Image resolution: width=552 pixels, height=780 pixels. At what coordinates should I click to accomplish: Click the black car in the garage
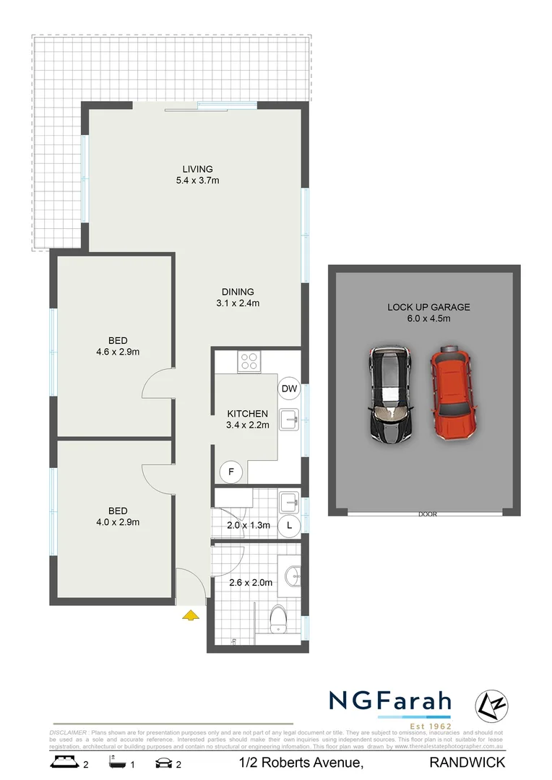pyautogui.click(x=391, y=394)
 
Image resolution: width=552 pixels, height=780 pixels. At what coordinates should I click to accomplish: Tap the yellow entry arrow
pyautogui.click(x=190, y=615)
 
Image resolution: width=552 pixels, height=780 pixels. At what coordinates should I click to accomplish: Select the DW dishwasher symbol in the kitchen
pyautogui.click(x=289, y=389)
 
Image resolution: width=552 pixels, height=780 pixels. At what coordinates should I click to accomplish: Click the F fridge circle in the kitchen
pyautogui.click(x=231, y=472)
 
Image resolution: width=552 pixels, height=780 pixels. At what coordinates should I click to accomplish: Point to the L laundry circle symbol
pyautogui.click(x=290, y=525)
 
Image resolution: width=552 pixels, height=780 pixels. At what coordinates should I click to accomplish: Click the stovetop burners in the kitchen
pyautogui.click(x=250, y=360)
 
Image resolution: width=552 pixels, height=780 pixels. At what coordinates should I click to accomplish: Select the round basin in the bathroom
pyautogui.click(x=293, y=576)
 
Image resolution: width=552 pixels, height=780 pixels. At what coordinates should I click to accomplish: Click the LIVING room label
pyautogui.click(x=197, y=169)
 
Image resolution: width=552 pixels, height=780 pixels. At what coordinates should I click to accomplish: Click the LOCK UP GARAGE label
pyautogui.click(x=428, y=307)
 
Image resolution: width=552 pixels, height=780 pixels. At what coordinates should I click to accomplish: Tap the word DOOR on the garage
pyautogui.click(x=428, y=514)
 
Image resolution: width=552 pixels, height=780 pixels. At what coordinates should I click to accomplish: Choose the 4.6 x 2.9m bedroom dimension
pyautogui.click(x=118, y=352)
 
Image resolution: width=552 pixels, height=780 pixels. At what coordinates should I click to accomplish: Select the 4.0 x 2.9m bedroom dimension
pyautogui.click(x=118, y=522)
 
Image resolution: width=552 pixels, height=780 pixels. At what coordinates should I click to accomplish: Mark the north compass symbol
pyautogui.click(x=490, y=704)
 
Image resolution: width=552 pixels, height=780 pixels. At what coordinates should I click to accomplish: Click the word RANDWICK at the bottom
pyautogui.click(x=467, y=762)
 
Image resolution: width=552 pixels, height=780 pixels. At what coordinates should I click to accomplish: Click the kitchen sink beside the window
pyautogui.click(x=289, y=417)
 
